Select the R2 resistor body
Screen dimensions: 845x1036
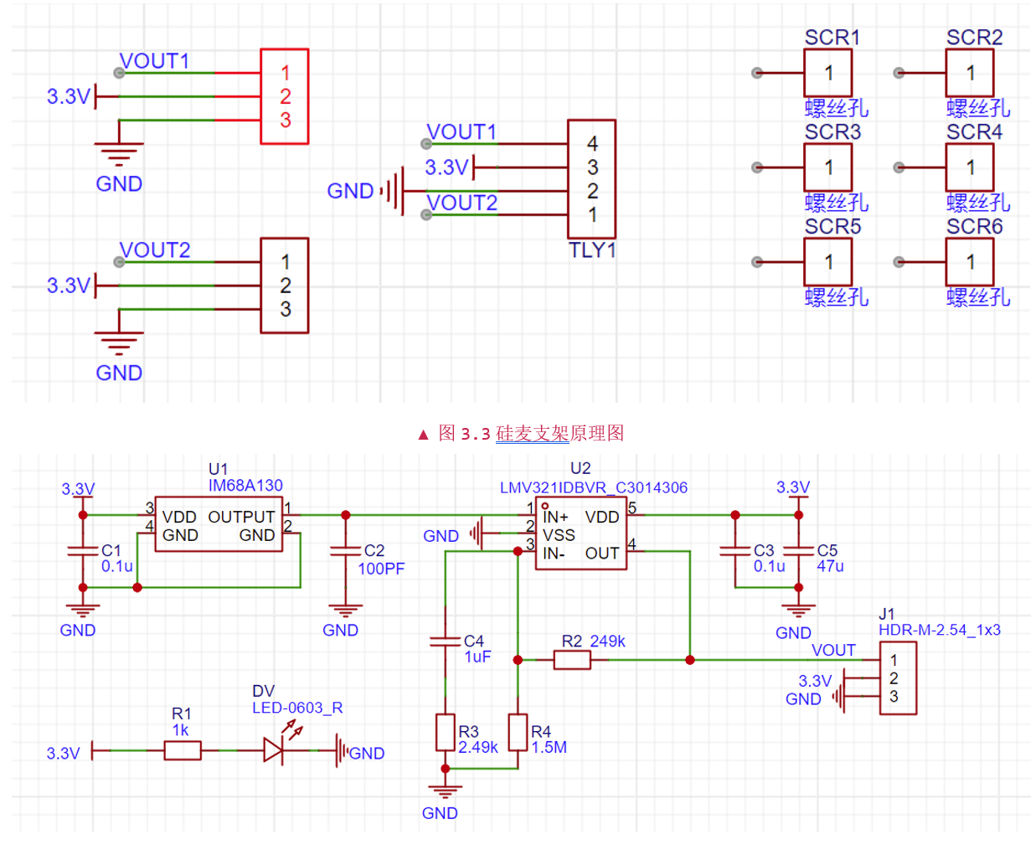click(x=572, y=660)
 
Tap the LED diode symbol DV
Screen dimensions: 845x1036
click(x=273, y=750)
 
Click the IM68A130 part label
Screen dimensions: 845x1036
click(x=245, y=486)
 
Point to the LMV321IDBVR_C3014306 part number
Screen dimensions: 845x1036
click(x=593, y=487)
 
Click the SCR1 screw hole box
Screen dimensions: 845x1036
click(x=827, y=73)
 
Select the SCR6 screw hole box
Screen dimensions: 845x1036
click(x=969, y=262)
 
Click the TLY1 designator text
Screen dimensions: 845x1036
click(x=592, y=250)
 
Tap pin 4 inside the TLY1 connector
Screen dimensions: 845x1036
click(x=592, y=144)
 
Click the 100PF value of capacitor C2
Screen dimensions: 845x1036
click(x=381, y=569)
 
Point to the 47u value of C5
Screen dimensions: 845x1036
click(x=830, y=567)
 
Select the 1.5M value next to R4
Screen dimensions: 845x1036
click(x=549, y=747)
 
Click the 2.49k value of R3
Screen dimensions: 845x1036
click(x=478, y=747)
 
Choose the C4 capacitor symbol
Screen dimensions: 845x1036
click(x=446, y=641)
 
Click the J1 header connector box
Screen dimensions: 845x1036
click(x=898, y=678)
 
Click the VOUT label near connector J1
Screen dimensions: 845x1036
click(x=833, y=650)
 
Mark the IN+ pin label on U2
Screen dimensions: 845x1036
click(x=555, y=517)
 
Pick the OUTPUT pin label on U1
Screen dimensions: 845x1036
click(x=241, y=517)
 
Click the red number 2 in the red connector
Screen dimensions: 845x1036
click(x=286, y=96)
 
